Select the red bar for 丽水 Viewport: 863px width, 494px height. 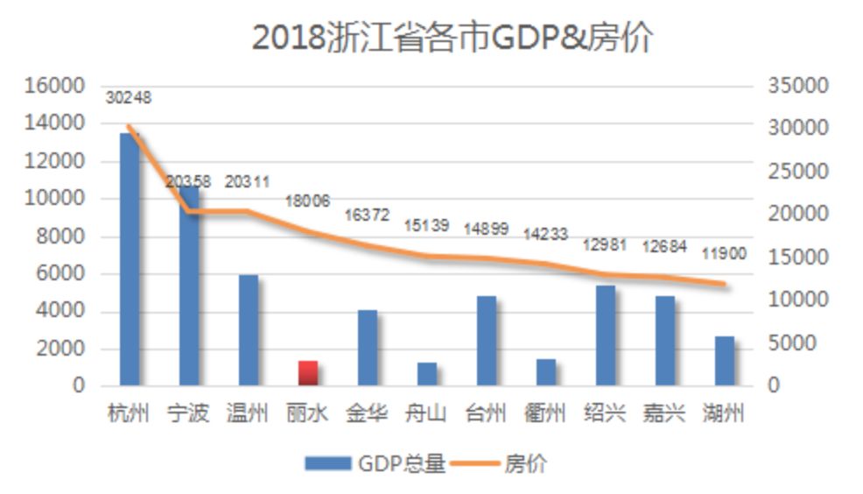(308, 373)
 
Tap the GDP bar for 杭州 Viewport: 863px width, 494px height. (130, 263)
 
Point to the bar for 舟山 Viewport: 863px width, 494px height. (427, 374)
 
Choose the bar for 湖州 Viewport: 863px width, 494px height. (725, 361)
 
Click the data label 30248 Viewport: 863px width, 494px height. (129, 98)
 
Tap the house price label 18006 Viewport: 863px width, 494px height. (307, 201)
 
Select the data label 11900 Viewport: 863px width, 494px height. (724, 254)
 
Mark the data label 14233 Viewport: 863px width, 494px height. (545, 235)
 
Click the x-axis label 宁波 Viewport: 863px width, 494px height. (189, 413)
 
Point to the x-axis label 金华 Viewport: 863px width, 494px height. (368, 413)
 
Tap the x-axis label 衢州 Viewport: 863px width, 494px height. (546, 413)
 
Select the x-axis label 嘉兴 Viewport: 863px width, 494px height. (665, 413)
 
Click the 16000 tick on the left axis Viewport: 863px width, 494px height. (54, 86)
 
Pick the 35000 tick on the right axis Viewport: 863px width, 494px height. (797, 86)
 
